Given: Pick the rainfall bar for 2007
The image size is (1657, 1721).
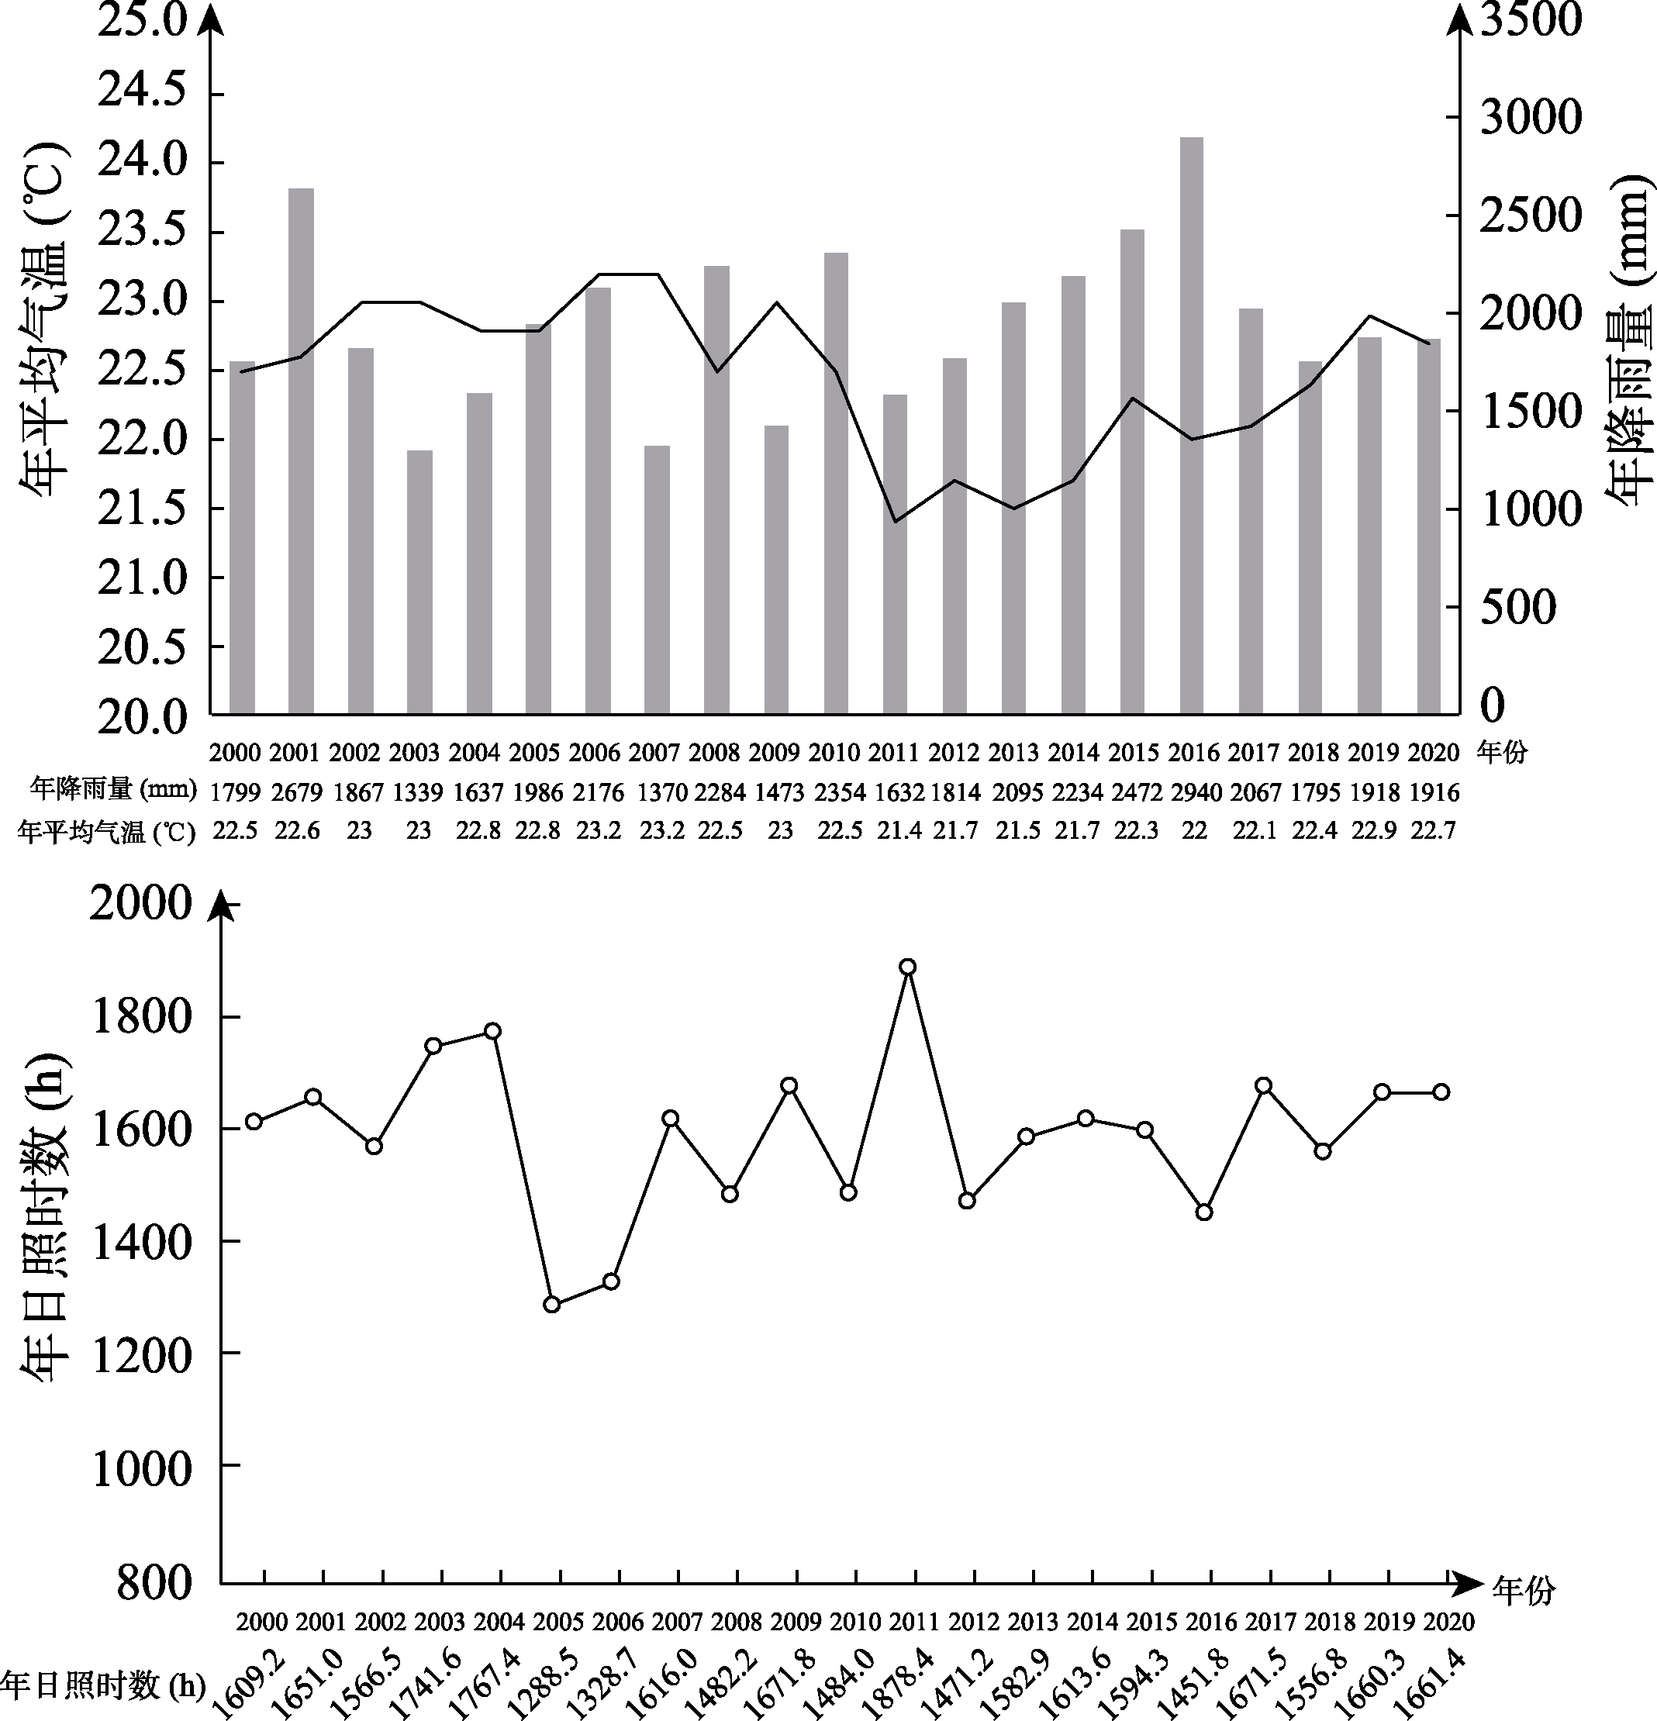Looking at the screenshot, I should [x=657, y=580].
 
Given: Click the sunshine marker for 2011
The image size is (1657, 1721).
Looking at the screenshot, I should [x=908, y=967].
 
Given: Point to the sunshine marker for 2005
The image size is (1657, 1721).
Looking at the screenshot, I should [x=551, y=1304].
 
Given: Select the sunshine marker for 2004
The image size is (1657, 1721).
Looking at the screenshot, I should [x=492, y=1031].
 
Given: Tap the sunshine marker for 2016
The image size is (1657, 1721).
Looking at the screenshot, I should [x=1205, y=1212].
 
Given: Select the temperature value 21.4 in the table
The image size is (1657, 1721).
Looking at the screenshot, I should [x=899, y=830].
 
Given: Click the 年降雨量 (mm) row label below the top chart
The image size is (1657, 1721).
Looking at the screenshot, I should [x=112, y=790].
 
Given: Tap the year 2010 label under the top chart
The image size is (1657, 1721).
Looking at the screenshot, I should [x=834, y=753].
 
